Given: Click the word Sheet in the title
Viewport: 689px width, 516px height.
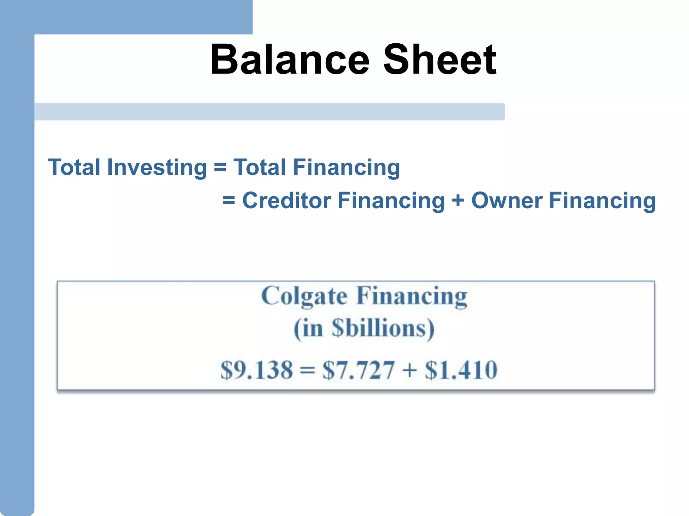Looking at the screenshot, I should pos(439,60).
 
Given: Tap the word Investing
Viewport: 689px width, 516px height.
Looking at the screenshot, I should pos(157,167).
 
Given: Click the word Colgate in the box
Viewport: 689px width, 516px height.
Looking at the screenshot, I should pos(304,296).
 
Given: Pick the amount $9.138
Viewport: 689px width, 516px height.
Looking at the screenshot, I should pos(257,370).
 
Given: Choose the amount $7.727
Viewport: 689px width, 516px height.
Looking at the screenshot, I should pos(358,370).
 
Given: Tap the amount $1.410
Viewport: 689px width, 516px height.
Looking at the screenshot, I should pos(461,370).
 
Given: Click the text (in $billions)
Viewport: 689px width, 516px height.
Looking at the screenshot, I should pos(364,329).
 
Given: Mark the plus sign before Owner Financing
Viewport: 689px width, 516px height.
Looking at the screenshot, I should pos(458,201).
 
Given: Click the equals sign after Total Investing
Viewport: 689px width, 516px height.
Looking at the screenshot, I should pos(220,167).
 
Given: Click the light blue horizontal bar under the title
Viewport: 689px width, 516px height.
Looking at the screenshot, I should pos(269,112).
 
